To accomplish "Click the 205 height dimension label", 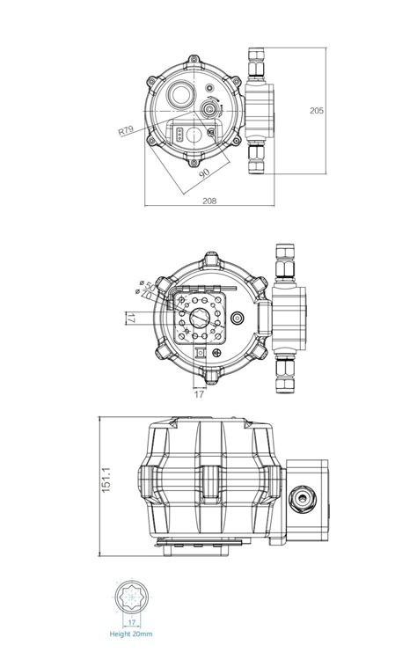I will pos(318,111).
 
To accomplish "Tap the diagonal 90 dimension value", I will pos(204,175).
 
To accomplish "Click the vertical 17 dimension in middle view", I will pos(129,319).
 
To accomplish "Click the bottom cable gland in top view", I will pos(259,158).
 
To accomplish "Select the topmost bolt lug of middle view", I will pos(209,260).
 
